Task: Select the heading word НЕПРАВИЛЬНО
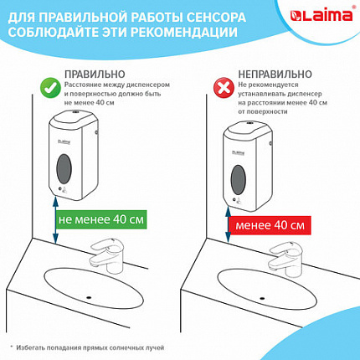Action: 269,72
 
